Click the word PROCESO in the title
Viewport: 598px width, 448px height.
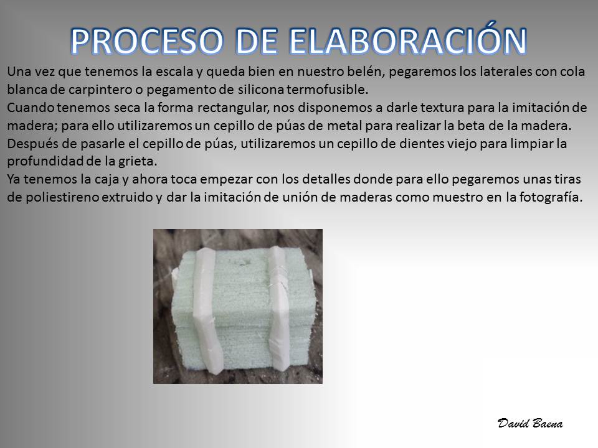(x=147, y=41)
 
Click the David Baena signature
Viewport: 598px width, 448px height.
(x=530, y=423)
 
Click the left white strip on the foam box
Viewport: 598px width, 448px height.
(x=207, y=309)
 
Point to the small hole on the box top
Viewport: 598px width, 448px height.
(x=242, y=262)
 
